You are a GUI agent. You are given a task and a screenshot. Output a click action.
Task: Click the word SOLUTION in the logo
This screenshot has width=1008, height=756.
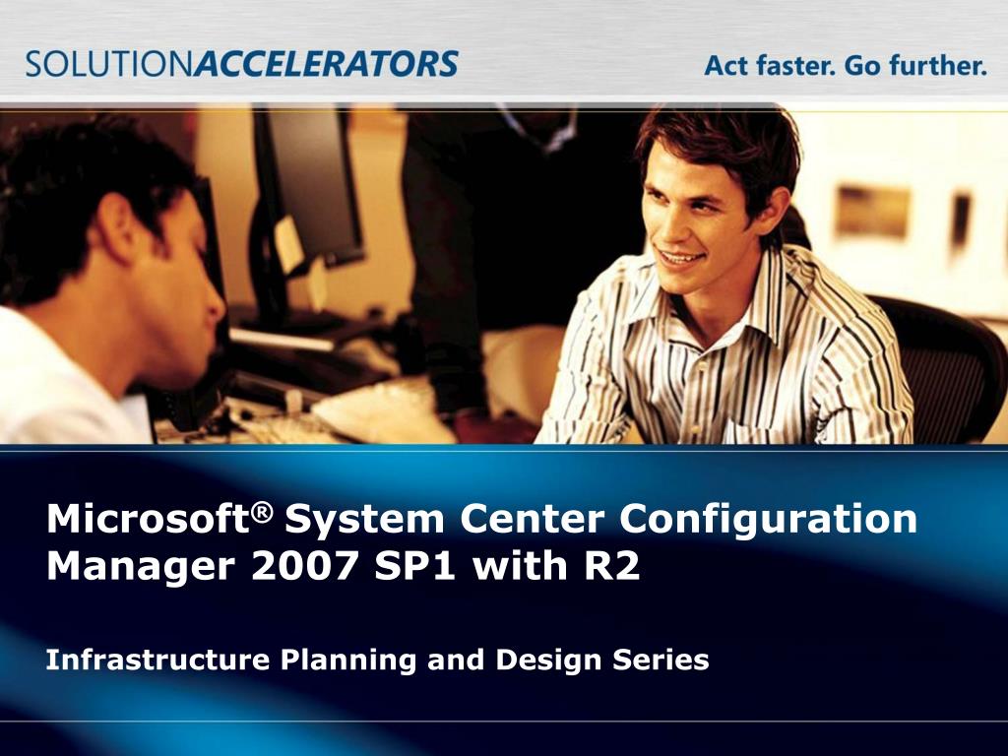[110, 64]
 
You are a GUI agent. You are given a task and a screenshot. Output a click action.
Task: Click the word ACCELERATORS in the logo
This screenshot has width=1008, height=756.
[327, 64]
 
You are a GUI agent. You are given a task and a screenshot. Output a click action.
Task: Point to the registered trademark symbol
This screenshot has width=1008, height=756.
[262, 512]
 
